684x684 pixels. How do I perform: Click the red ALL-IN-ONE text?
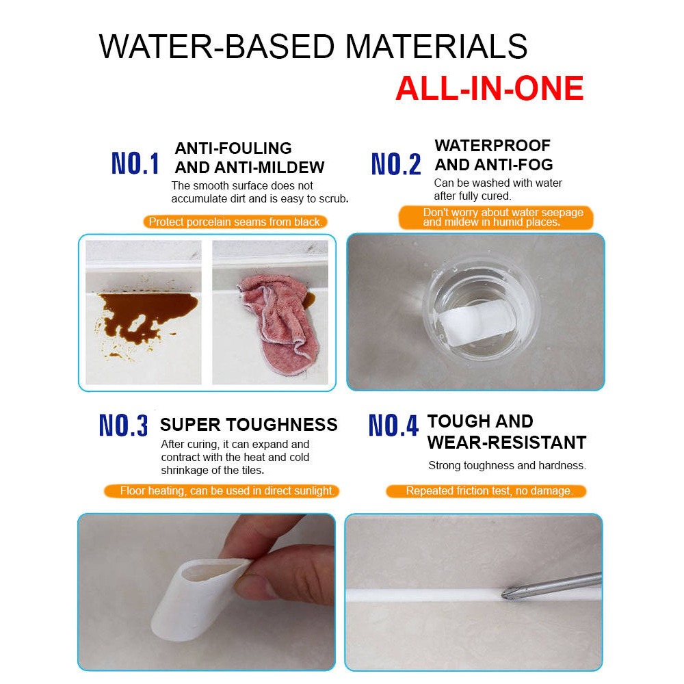coord(490,88)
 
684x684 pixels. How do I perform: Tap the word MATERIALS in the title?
coord(436,47)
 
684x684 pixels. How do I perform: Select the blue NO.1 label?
coord(135,163)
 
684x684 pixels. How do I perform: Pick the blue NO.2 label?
coord(396,164)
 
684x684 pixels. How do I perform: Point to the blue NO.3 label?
coord(123,425)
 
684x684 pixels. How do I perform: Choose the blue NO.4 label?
coord(393,425)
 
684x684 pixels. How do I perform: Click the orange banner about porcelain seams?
coord(235,222)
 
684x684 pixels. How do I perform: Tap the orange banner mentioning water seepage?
coord(496,218)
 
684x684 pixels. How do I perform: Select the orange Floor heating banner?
coord(221,490)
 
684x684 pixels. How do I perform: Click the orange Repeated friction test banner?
coord(486,490)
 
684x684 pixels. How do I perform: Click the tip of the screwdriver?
coord(503,593)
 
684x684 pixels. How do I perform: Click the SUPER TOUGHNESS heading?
coord(249,425)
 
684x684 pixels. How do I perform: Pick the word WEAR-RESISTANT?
coord(507,443)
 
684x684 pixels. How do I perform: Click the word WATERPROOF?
coord(492,145)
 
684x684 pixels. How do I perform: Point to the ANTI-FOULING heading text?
coord(233,148)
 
